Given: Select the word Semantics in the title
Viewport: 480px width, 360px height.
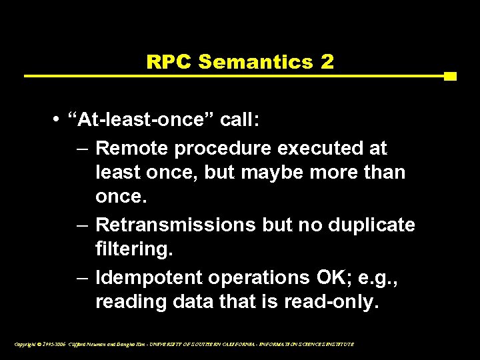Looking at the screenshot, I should click(255, 63).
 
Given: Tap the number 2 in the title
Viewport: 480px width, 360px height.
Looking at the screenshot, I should click(327, 63).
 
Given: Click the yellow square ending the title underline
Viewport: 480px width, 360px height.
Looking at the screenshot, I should click(450, 76).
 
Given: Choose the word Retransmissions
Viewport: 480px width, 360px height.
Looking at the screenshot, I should click(175, 225).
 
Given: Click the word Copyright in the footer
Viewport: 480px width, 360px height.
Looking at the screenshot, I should click(26, 344).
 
